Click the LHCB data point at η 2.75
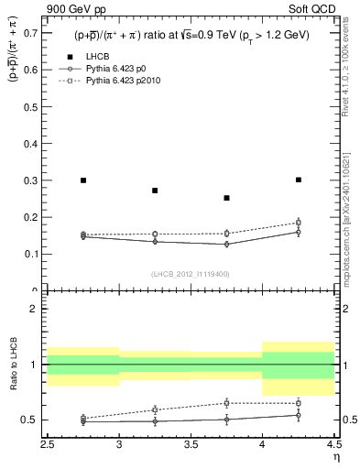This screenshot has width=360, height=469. (83, 180)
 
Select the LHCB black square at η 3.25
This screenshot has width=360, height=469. (155, 191)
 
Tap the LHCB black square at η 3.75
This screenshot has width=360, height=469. (226, 198)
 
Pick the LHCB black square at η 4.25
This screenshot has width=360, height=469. (299, 180)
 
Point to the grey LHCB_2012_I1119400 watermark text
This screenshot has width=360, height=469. (191, 274)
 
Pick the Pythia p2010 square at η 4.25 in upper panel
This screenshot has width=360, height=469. (299, 223)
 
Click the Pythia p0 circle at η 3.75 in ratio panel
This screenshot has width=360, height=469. (226, 419)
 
